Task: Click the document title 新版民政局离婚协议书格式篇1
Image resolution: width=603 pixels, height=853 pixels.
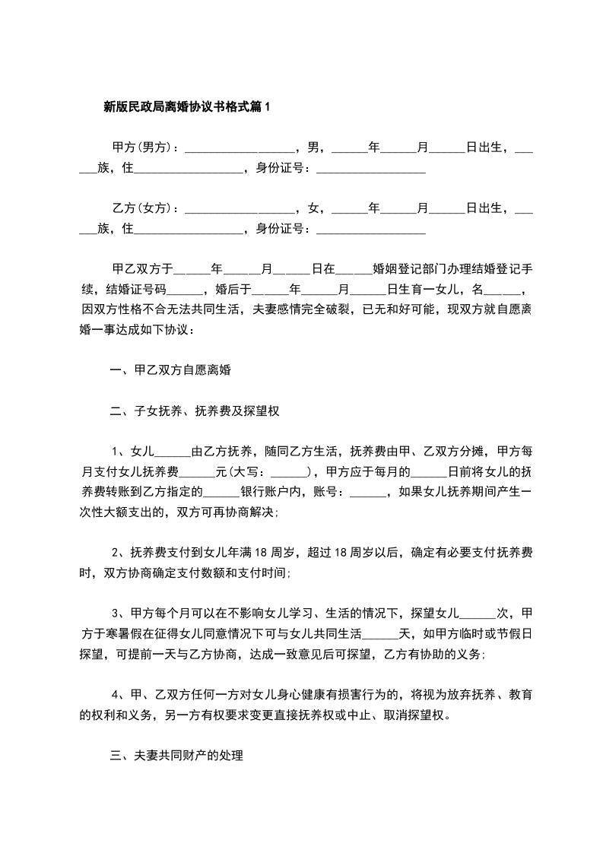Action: pyautogui.click(x=186, y=107)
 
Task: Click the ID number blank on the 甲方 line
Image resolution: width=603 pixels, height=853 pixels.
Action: pyautogui.click(x=370, y=169)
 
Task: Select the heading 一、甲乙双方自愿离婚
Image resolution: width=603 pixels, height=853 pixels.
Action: pyautogui.click(x=170, y=371)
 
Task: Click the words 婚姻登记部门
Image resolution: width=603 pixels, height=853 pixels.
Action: pyautogui.click(x=411, y=268)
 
